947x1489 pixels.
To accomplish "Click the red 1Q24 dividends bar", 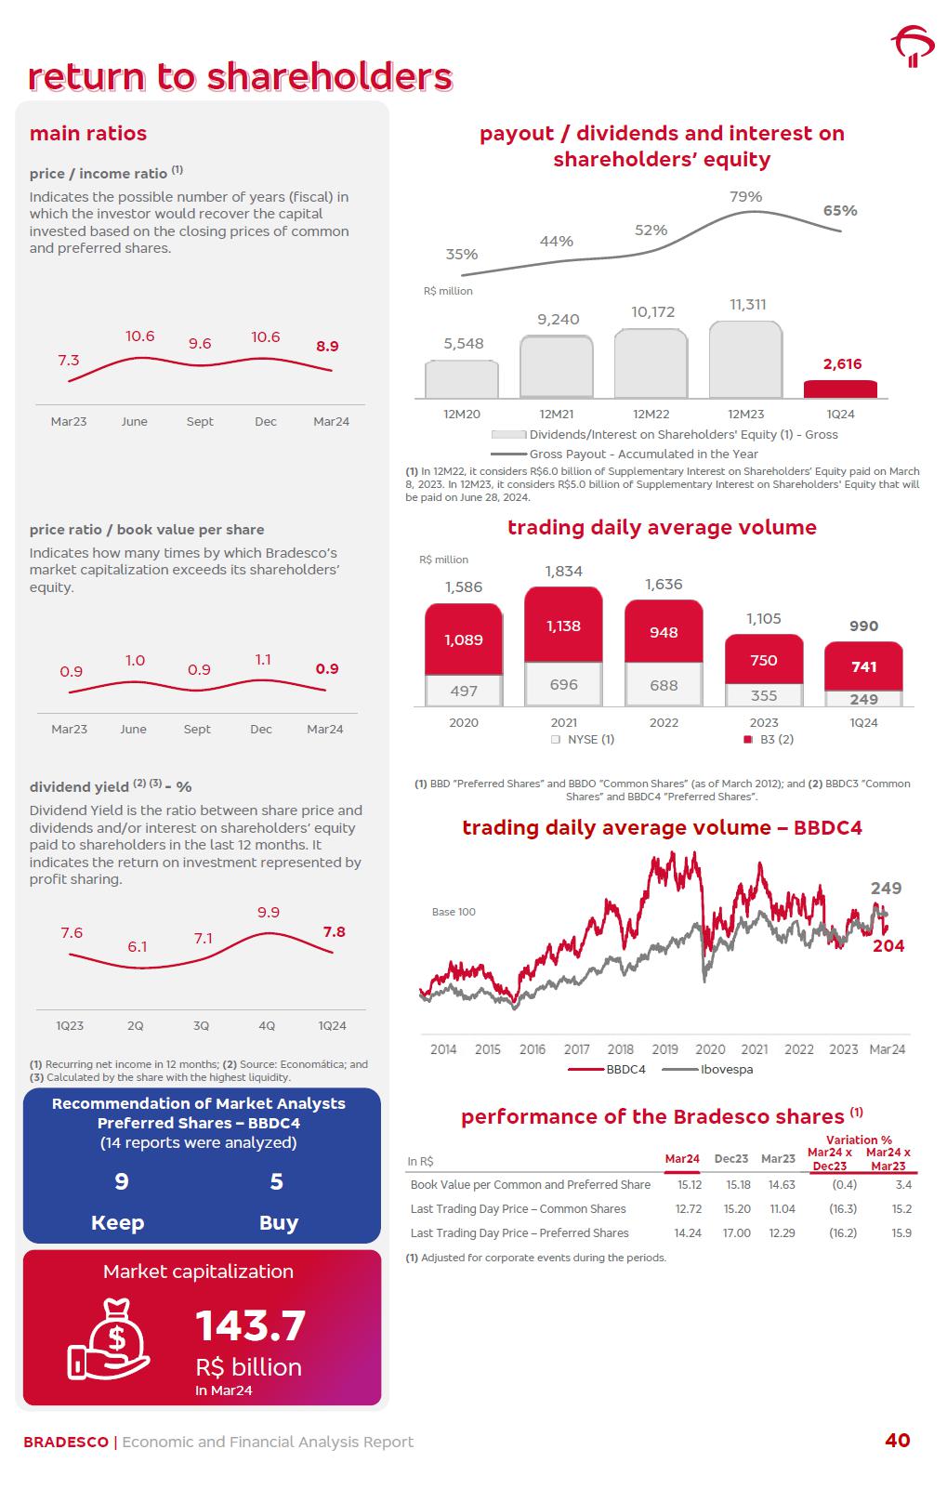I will (x=840, y=389).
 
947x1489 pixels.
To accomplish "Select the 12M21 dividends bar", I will (x=556, y=366).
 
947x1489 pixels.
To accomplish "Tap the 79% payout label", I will (x=745, y=196).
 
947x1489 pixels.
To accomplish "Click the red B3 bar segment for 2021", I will (x=563, y=625).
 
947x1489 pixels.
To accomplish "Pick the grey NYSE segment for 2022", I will (x=664, y=685).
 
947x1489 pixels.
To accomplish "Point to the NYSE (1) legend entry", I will (x=583, y=739).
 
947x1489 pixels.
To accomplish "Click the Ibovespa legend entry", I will (x=725, y=1069).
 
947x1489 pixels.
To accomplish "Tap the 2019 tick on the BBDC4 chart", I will (x=664, y=1049).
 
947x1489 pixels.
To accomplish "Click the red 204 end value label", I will (x=888, y=945).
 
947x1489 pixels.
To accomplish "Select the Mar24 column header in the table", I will (x=682, y=1159).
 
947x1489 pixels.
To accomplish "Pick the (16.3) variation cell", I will (x=842, y=1208).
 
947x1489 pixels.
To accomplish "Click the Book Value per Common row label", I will (x=530, y=1184).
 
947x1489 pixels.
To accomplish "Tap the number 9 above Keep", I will (x=121, y=1181).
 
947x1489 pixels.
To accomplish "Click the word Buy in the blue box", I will (x=278, y=1222).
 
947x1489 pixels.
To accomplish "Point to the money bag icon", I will (x=110, y=1338).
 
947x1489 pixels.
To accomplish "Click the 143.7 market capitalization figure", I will (x=250, y=1325).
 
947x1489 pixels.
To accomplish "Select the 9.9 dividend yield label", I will (x=269, y=913).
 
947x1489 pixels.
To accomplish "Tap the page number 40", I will (x=897, y=1440).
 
